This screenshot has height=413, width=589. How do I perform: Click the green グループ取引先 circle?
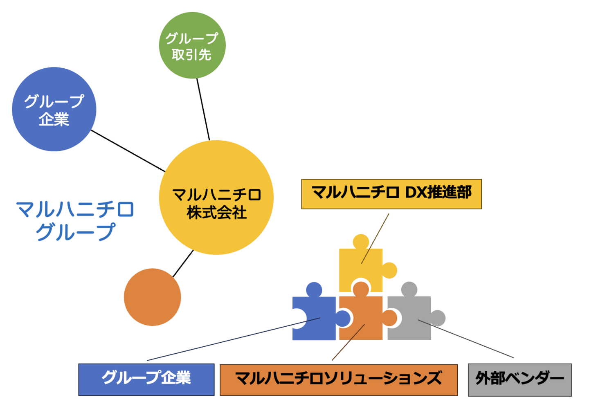click(192, 45)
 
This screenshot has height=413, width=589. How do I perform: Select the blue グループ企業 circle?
click(54, 109)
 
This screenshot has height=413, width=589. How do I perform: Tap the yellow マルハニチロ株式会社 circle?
click(216, 198)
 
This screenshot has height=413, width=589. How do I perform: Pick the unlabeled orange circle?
click(152, 297)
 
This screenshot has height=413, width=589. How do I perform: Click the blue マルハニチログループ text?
click(75, 220)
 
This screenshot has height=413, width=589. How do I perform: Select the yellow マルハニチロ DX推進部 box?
click(391, 194)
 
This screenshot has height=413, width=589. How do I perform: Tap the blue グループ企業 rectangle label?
click(146, 379)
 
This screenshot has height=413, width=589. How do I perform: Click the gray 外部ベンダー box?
click(519, 380)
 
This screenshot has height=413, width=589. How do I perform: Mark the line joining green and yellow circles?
click(203, 109)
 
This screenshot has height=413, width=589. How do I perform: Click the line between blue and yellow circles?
click(128, 150)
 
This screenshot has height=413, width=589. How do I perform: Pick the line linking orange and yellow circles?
click(183, 264)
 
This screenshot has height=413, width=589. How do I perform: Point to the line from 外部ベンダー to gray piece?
click(466, 339)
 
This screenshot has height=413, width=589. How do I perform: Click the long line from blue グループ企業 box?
click(233, 339)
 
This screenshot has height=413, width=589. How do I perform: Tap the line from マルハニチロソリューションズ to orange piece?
click(348, 343)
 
